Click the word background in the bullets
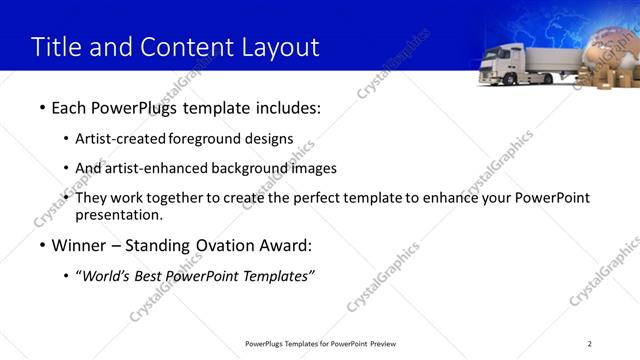pos(251,168)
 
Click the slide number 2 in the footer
pos(589,343)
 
